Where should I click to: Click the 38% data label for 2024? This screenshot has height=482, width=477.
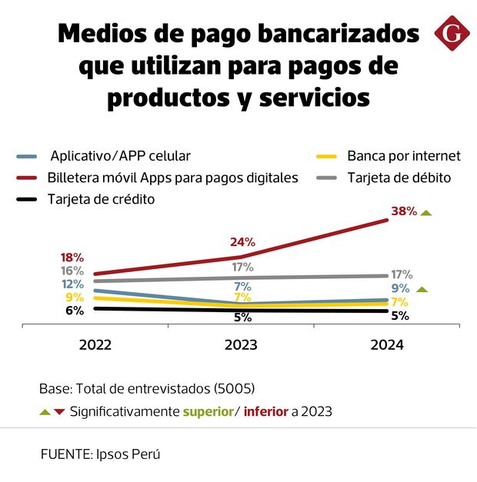point(403,211)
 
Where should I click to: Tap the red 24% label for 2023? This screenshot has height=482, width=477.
point(242,242)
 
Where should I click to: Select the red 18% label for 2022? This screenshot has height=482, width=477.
point(72,258)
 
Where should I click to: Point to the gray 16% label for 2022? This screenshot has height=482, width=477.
point(72,271)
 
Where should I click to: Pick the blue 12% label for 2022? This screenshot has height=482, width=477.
point(72,284)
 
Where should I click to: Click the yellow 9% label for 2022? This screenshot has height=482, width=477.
point(75,298)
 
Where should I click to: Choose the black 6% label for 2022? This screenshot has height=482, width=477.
point(75,311)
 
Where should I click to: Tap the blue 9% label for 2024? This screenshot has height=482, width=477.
point(400,288)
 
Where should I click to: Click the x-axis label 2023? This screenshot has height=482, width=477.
point(242,345)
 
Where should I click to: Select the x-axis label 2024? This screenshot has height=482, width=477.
point(387,345)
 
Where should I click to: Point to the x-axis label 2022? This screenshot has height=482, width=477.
point(95,345)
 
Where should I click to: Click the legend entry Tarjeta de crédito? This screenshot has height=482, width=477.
point(101,200)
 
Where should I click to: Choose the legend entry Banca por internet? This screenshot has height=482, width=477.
point(403,156)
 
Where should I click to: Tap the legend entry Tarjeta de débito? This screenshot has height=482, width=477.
point(399,178)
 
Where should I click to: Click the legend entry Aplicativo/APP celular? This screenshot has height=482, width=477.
point(119,156)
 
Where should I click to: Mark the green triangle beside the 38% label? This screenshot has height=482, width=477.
point(426,212)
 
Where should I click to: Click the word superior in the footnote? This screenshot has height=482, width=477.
point(208,411)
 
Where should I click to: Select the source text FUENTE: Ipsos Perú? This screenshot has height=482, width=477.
point(101,454)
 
